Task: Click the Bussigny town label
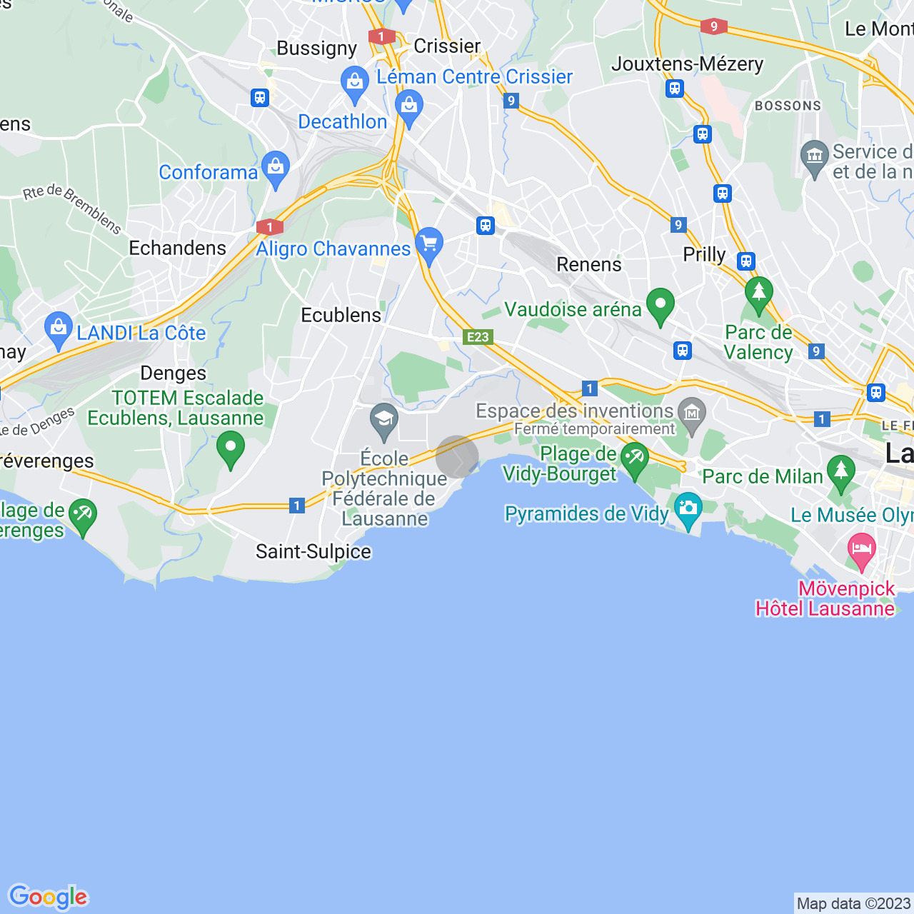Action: (x=316, y=49)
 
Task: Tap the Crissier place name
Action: (x=447, y=46)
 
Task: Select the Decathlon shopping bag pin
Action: (x=409, y=107)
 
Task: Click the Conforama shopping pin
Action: (x=276, y=168)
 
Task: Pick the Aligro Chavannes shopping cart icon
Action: (x=429, y=244)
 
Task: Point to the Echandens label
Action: (x=177, y=248)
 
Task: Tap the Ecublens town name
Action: (x=341, y=315)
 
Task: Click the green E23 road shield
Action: (x=478, y=337)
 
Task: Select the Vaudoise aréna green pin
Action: (x=661, y=305)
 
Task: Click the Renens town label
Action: (x=589, y=265)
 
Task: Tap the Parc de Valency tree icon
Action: (x=758, y=293)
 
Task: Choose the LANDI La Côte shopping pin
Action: (x=59, y=329)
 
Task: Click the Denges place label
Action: (x=173, y=373)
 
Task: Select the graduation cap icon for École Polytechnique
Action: (x=384, y=420)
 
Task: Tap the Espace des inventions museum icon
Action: (x=692, y=413)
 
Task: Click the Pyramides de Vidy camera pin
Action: (x=688, y=508)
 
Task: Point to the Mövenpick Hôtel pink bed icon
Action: (x=862, y=549)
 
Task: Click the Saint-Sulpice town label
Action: (x=313, y=552)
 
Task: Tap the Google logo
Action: (x=48, y=897)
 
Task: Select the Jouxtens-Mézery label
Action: (x=687, y=64)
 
